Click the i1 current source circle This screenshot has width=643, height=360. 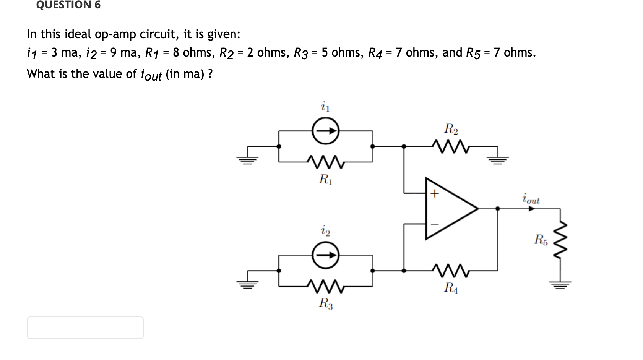click(x=326, y=131)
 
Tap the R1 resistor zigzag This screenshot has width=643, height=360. click(x=326, y=162)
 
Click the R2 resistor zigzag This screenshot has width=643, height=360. click(x=450, y=146)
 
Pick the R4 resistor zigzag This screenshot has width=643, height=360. click(x=450, y=270)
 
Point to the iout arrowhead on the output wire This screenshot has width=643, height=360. click(x=531, y=209)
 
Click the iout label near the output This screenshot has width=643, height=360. click(x=531, y=199)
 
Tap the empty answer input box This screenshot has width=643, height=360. click(x=85, y=328)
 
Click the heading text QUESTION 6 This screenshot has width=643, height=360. click(x=68, y=5)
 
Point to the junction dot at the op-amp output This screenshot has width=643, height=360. click(x=497, y=209)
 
